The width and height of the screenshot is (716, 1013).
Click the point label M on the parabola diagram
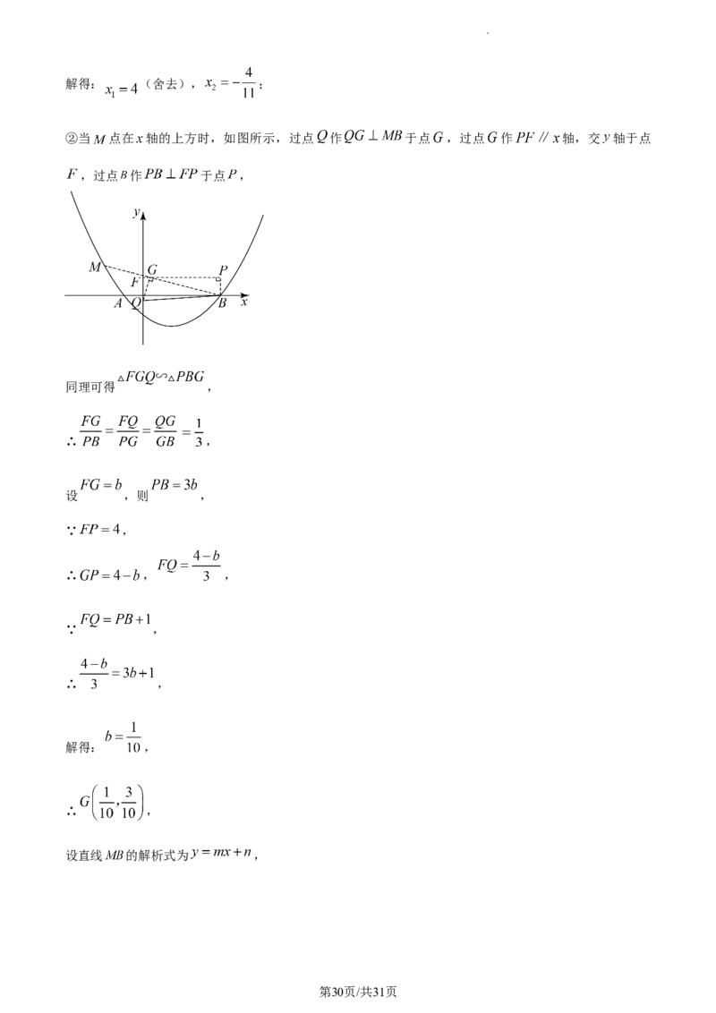point(95,267)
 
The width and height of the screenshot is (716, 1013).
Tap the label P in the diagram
point(223,269)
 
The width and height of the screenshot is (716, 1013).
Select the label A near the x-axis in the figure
point(118,303)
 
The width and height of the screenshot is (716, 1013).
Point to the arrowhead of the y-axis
point(143,215)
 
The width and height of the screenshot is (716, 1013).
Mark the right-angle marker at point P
point(218,280)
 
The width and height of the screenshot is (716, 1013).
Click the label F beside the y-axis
point(135,282)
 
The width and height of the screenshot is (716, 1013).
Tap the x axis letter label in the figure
point(243,302)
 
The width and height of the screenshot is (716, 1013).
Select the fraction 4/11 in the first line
point(249,82)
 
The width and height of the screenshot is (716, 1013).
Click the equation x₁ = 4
point(122,89)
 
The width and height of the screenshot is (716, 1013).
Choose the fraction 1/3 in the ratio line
point(199,433)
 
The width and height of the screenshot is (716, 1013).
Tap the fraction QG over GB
point(166,431)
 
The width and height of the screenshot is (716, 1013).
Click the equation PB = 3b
point(174,485)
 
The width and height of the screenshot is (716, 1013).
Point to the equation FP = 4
point(100,529)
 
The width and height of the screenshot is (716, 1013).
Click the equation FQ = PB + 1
point(115,619)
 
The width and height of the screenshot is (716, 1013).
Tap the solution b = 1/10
point(123,737)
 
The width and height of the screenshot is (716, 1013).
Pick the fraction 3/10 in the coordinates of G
point(129,803)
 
